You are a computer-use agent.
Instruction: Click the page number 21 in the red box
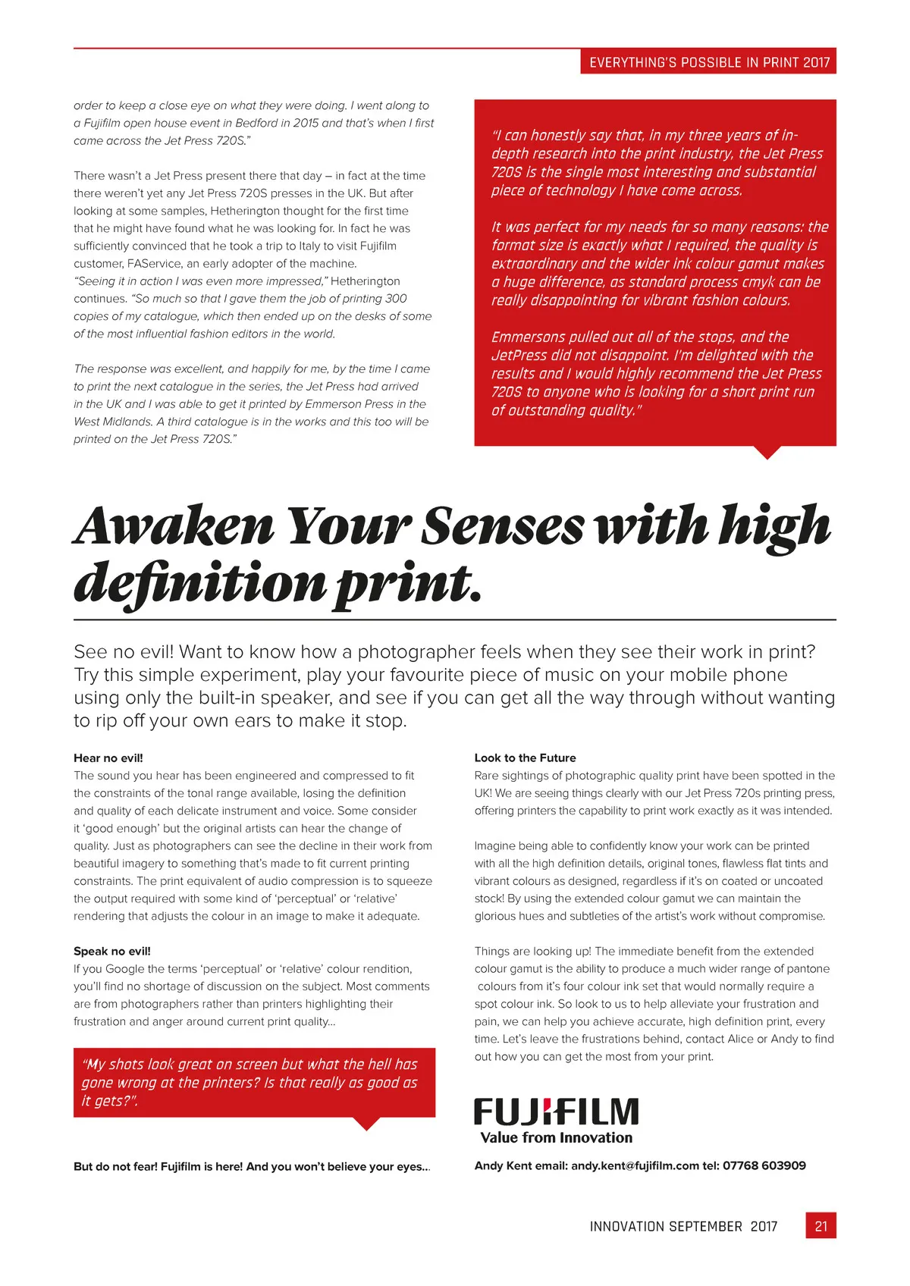tap(821, 1225)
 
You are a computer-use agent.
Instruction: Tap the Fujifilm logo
tap(556, 1112)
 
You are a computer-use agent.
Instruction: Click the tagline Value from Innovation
tap(556, 1137)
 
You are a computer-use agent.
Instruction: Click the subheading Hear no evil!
tap(108, 757)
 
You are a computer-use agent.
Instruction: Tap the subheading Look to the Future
tap(525, 757)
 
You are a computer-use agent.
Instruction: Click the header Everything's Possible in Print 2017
tap(709, 62)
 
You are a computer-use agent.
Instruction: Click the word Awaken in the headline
tap(174, 525)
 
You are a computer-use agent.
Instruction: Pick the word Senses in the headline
tap(503, 525)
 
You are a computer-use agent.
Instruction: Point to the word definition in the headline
tap(199, 584)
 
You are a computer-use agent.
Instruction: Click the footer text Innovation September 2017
tap(683, 1226)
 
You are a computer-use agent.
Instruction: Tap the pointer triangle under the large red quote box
tap(767, 452)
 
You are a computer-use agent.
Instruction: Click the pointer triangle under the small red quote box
tap(366, 1124)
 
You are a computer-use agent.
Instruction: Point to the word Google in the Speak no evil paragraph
tap(129, 968)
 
